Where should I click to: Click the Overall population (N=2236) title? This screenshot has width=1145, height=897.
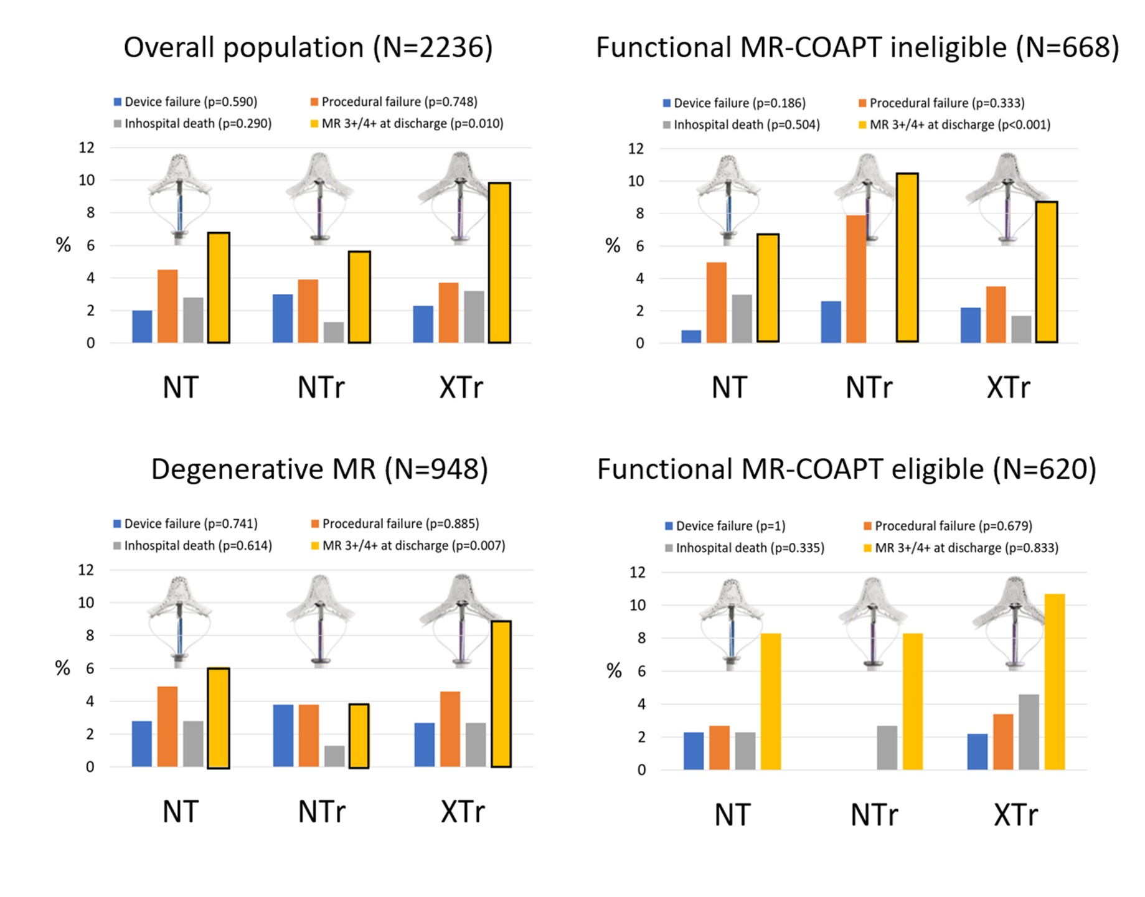(308, 48)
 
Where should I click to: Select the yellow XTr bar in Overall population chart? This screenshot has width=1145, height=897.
(499, 263)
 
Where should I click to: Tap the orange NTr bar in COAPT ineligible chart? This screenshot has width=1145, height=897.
(856, 279)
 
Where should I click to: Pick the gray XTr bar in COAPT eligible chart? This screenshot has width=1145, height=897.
(1029, 732)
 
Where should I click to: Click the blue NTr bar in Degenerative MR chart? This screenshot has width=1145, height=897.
(283, 736)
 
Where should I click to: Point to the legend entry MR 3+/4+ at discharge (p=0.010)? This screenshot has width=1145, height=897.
(412, 123)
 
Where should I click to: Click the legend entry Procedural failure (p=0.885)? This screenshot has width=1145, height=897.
(400, 524)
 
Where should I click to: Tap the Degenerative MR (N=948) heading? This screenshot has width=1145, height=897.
(319, 469)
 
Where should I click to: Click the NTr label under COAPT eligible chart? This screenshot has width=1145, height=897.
(874, 815)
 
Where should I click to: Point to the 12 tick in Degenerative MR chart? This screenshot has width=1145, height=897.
(86, 570)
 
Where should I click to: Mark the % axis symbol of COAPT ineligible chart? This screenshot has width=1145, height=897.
(613, 246)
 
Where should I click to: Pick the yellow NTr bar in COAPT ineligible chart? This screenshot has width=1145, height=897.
(907, 258)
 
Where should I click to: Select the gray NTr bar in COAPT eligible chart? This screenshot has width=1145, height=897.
(887, 748)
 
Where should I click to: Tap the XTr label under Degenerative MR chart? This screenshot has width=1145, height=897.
(462, 812)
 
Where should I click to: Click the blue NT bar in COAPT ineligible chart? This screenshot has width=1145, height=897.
(691, 336)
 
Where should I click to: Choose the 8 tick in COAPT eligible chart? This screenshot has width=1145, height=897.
(637, 638)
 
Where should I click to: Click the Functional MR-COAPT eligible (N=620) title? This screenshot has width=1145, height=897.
(847, 469)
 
